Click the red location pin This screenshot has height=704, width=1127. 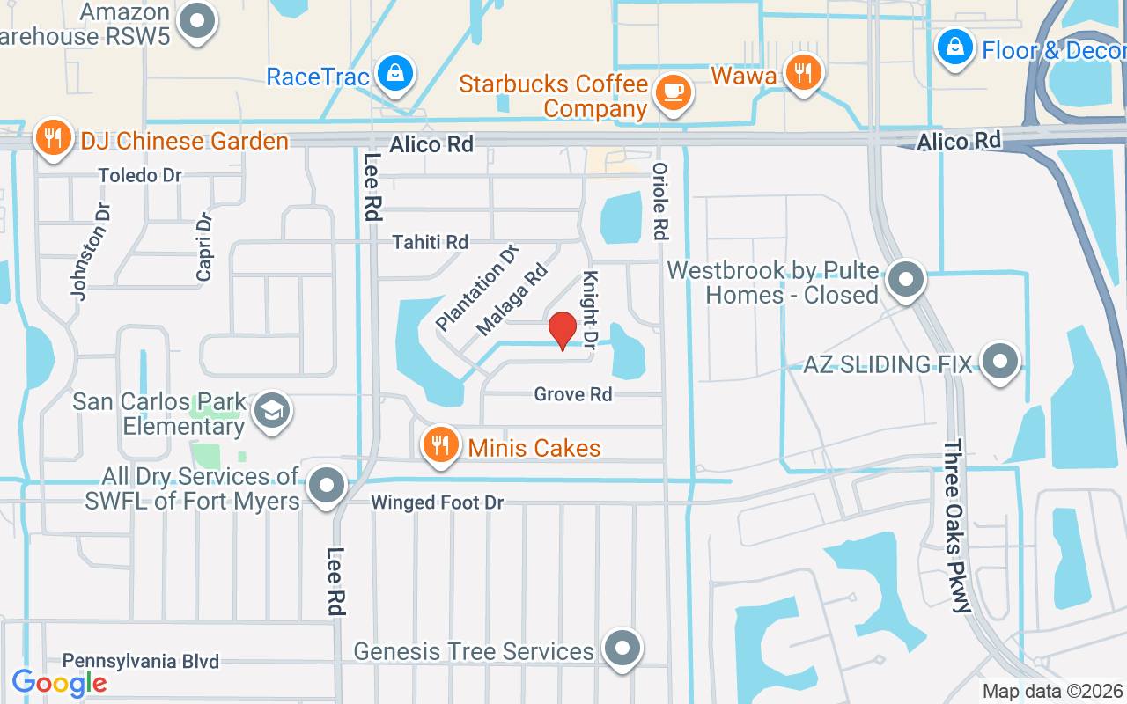563,331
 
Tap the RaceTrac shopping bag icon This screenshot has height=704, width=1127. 396,73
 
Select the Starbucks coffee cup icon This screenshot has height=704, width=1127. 674,92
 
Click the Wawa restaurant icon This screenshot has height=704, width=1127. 802,72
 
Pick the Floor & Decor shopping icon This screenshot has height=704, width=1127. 954,47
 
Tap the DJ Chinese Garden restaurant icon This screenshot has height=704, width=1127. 54,137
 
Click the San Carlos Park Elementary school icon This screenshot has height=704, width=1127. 271,410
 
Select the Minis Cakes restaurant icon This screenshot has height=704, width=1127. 439,445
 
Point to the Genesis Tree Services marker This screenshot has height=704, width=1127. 623,649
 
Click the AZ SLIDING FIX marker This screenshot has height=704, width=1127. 999,362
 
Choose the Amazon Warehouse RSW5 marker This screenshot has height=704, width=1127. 197,21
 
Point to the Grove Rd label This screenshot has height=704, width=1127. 572,394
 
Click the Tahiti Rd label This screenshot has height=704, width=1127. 431,241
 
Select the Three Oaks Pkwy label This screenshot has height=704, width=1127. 957,526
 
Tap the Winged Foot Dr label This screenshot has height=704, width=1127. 437,502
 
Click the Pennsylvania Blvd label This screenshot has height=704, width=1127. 141,662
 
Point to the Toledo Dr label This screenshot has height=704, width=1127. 140,175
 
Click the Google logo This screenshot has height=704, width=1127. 60,683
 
